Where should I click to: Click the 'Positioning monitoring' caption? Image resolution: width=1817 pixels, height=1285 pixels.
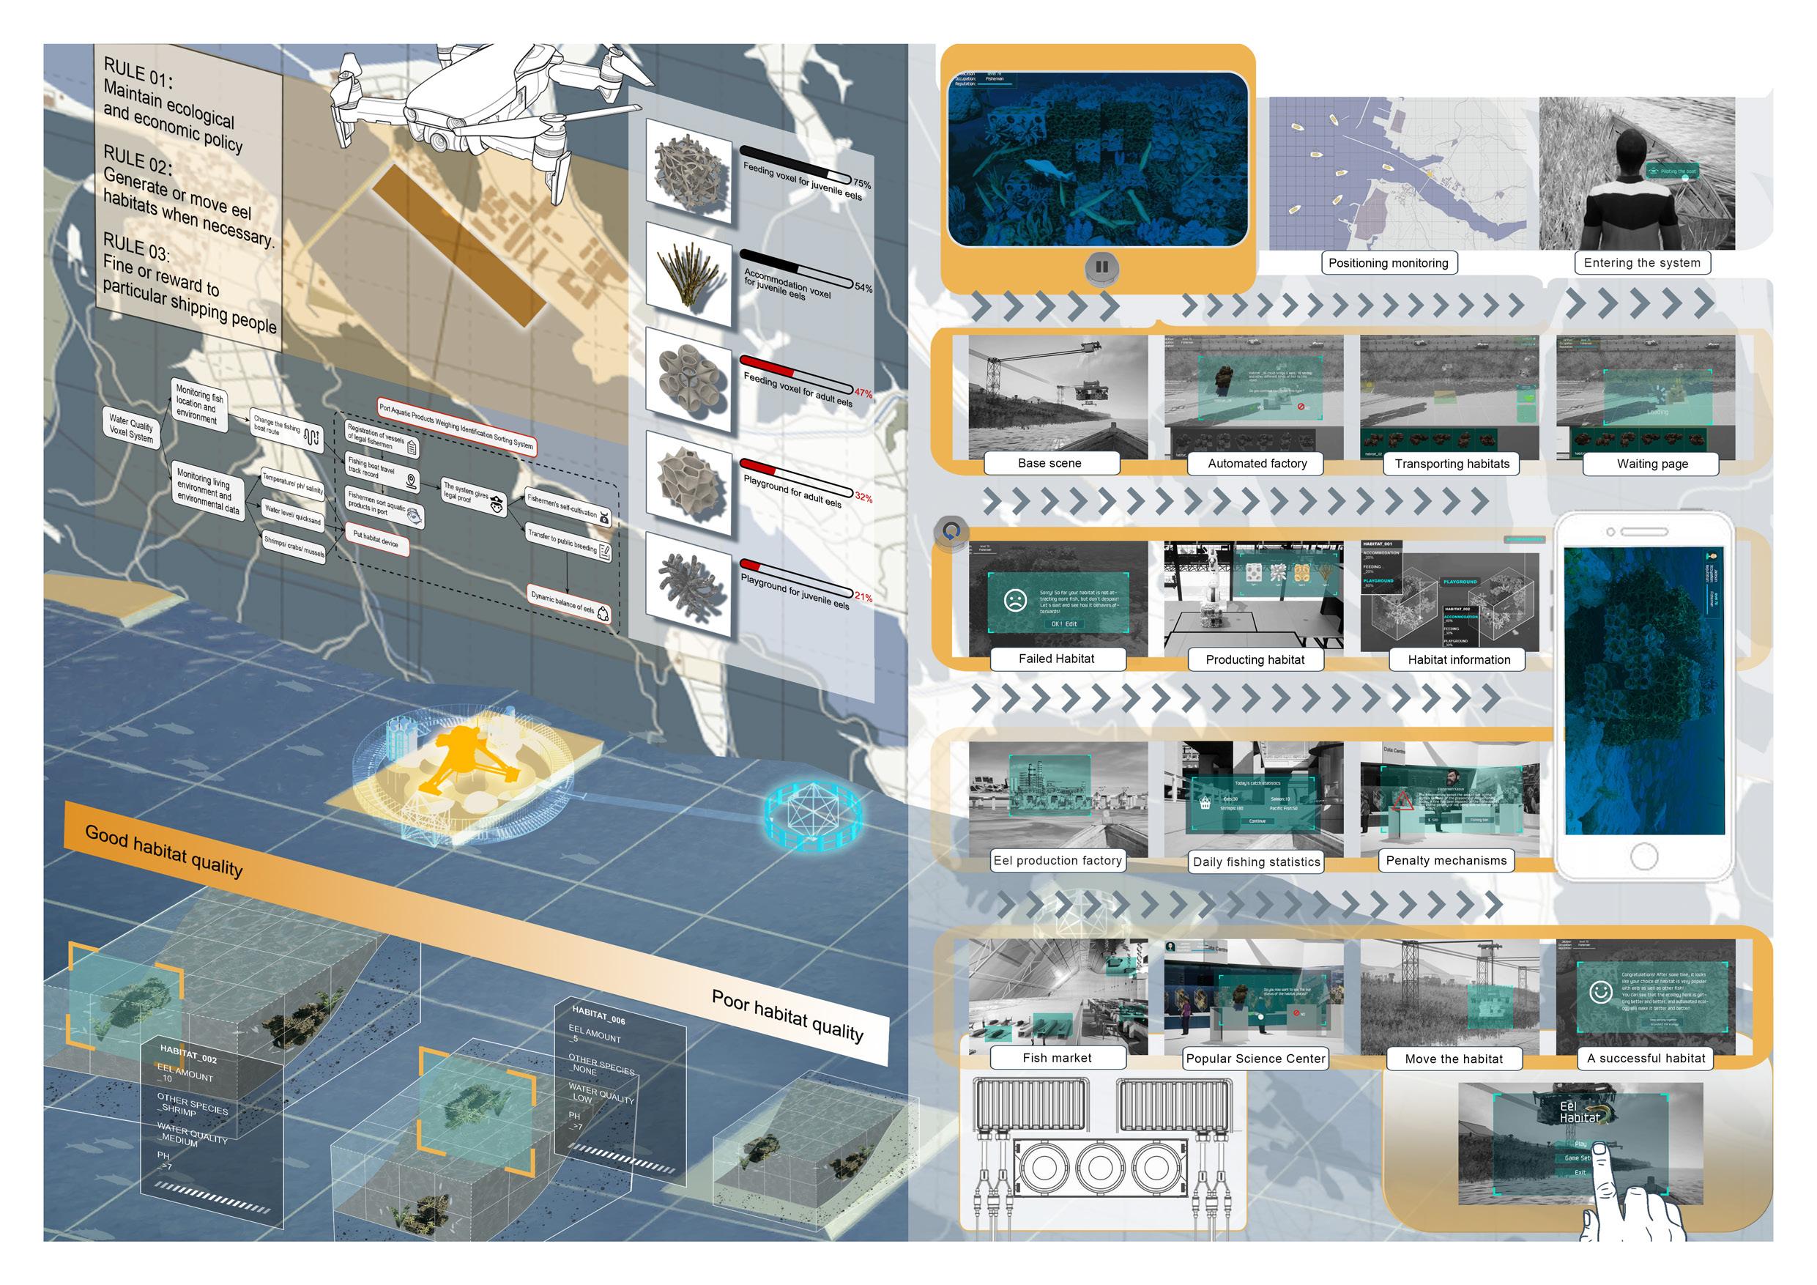point(1388,263)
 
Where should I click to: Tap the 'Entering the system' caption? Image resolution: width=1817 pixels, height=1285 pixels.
point(1641,263)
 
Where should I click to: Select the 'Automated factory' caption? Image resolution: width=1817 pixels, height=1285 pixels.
point(1257,463)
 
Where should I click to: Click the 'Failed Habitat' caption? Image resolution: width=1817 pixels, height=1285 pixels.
point(1057,659)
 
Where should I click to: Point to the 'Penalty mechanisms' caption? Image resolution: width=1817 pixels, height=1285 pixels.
point(1446,861)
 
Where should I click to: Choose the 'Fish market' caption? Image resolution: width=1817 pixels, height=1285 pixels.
point(1057,1058)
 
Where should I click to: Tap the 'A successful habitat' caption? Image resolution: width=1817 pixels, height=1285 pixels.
point(1646,1058)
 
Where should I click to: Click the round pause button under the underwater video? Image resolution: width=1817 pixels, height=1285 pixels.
point(1101,267)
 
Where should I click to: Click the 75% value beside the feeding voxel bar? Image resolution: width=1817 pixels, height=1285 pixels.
point(861,185)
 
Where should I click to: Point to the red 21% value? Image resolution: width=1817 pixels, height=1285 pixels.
point(863,597)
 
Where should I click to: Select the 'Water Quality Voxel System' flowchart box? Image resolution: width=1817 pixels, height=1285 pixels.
point(131,429)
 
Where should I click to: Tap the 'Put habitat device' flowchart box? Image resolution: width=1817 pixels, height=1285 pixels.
point(376,540)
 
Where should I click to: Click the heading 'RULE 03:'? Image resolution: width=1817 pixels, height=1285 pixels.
point(136,247)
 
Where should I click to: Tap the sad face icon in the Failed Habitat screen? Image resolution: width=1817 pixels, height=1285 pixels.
point(1014,599)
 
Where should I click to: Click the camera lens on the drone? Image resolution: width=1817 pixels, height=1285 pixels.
point(438,141)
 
